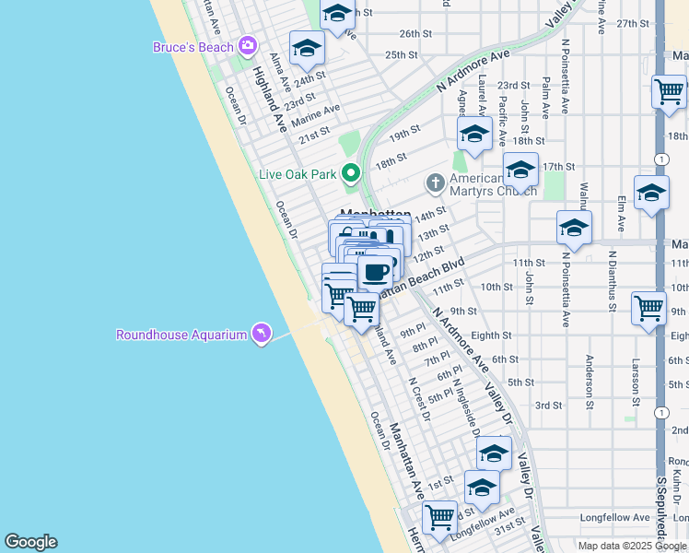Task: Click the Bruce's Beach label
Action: point(193,47)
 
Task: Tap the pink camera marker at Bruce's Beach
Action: point(247,45)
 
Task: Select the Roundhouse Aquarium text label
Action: point(181,335)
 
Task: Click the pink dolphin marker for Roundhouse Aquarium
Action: point(261,334)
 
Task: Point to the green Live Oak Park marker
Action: point(350,172)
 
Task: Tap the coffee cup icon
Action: point(375,273)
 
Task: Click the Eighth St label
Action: point(491,335)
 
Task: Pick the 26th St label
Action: point(415,34)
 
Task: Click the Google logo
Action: point(30,542)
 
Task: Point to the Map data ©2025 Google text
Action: point(630,546)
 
